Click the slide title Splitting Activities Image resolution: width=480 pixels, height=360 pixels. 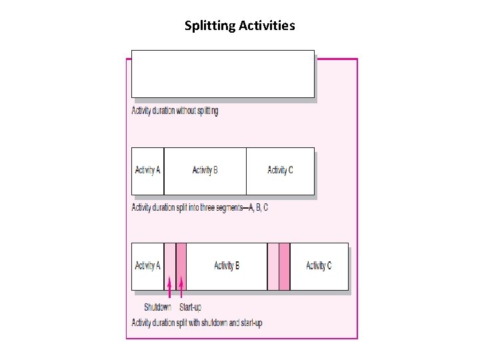coord(240,26)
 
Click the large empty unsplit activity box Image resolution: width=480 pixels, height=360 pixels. coord(223,74)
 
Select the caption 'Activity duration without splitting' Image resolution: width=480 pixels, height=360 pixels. coord(175,111)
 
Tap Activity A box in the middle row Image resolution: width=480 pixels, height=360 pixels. coord(147,171)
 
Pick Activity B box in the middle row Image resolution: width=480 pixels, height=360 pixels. coord(205,171)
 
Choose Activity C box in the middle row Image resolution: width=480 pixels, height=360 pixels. coord(280,171)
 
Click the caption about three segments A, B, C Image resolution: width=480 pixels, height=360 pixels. coord(199,207)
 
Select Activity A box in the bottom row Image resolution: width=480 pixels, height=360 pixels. coord(147,266)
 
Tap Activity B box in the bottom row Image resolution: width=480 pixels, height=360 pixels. coord(227,266)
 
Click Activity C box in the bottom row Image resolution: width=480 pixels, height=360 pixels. coord(319,266)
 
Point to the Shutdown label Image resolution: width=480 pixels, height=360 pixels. coord(157,307)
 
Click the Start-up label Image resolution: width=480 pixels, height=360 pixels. coord(190,307)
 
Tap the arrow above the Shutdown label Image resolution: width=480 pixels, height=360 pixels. coord(169,287)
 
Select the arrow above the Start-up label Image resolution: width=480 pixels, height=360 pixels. coord(181,287)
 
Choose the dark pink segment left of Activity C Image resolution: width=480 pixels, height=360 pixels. coord(285,266)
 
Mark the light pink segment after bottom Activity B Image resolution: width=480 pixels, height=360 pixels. coord(273,266)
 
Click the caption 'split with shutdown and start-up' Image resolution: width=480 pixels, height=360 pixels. coord(197,323)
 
